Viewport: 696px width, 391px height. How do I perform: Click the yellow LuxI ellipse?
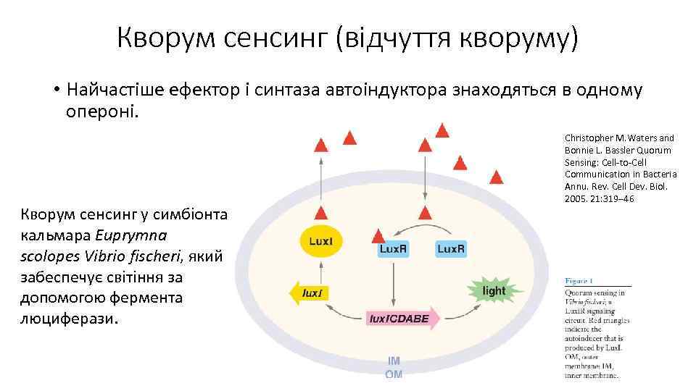click(x=321, y=242)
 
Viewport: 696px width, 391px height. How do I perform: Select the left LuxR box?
click(x=394, y=249)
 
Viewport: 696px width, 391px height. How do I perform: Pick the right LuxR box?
click(x=450, y=249)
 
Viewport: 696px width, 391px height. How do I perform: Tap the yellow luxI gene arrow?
click(x=310, y=293)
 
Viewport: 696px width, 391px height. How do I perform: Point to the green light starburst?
click(x=494, y=290)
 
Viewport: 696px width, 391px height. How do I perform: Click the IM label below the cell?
click(x=394, y=361)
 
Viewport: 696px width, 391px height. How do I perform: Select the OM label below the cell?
click(x=394, y=374)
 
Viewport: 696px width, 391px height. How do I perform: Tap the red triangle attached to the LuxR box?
click(x=378, y=236)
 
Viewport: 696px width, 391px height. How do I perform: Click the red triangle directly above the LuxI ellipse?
click(x=320, y=213)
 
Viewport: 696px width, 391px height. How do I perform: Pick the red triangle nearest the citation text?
click(x=496, y=177)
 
